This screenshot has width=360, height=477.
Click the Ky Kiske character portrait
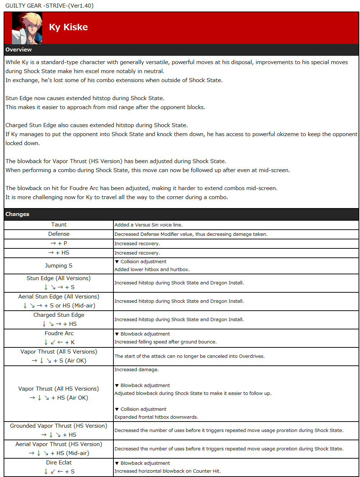pyautogui.click(x=27, y=28)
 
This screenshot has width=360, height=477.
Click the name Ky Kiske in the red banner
pyautogui.click(x=68, y=27)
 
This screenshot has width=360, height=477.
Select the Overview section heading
pyautogui.click(x=19, y=50)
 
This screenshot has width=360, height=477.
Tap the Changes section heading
pyautogui.click(x=17, y=214)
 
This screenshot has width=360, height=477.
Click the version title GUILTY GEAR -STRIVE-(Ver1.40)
pyautogui.click(x=49, y=6)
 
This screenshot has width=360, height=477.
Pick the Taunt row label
pyautogui.click(x=59, y=225)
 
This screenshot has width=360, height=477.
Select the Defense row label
pyautogui.click(x=59, y=234)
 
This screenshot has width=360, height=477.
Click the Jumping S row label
pyautogui.click(x=59, y=266)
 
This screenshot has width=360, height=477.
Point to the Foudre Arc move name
pyautogui.click(x=59, y=333)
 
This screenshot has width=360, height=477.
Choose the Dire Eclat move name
pyautogui.click(x=59, y=463)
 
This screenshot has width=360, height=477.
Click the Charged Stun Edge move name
pyautogui.click(x=59, y=315)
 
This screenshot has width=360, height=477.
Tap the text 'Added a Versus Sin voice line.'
pyautogui.click(x=148, y=225)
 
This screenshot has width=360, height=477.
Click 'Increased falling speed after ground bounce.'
pyautogui.click(x=166, y=342)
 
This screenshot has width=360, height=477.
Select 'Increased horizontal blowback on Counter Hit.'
pyautogui.click(x=167, y=471)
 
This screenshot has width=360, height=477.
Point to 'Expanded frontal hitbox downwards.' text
pyautogui.click(x=156, y=417)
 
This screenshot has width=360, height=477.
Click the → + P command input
pyautogui.click(x=59, y=243)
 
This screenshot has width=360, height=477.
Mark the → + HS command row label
pyautogui.click(x=59, y=253)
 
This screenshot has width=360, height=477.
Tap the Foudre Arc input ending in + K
pyautogui.click(x=59, y=342)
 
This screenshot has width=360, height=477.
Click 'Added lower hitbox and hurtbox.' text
pyautogui.click(x=152, y=270)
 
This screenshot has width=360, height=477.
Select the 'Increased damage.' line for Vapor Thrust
pyautogui.click(x=136, y=370)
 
